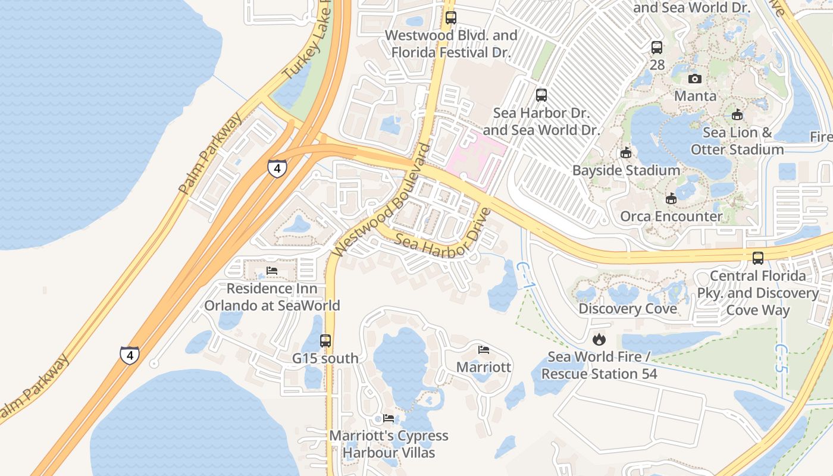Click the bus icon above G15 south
pyautogui.click(x=325, y=341)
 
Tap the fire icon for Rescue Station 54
pyautogui.click(x=599, y=339)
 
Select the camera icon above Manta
pyautogui.click(x=694, y=79)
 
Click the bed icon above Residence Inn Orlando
pyautogui.click(x=272, y=271)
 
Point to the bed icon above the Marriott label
pyautogui.click(x=484, y=349)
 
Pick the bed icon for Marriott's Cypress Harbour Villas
pyautogui.click(x=389, y=418)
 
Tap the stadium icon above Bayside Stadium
pyautogui.click(x=625, y=153)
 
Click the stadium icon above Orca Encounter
pyautogui.click(x=671, y=198)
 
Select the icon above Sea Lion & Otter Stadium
pyautogui.click(x=737, y=115)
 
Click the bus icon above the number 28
pyautogui.click(x=657, y=48)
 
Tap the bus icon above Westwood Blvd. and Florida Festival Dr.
pyautogui.click(x=451, y=18)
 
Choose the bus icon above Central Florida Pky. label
pyautogui.click(x=758, y=258)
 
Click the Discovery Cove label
pyautogui.click(x=628, y=309)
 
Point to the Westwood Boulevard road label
pyautogui.click(x=381, y=200)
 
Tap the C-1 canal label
pyautogui.click(x=524, y=276)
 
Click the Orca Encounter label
pyautogui.click(x=671, y=216)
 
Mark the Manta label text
pyautogui.click(x=695, y=96)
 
